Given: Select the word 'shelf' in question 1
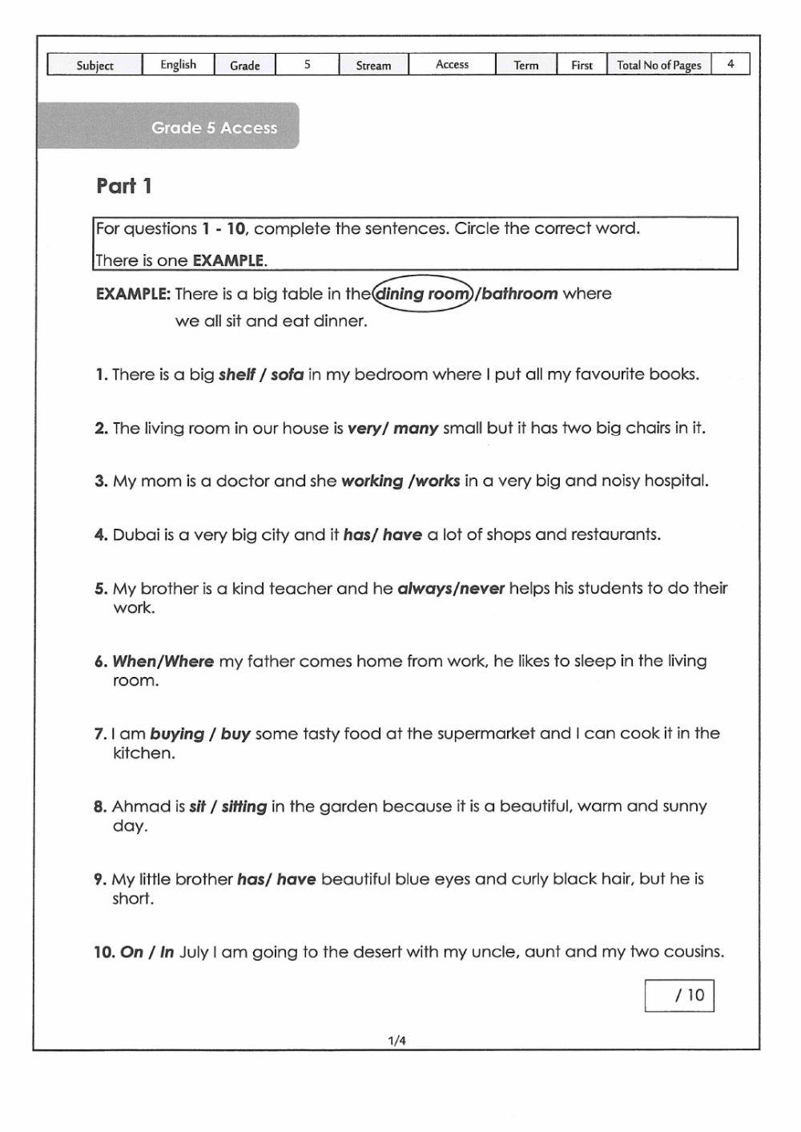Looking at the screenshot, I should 236,374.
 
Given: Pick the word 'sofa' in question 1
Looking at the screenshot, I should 288,374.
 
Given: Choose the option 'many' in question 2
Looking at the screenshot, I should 416,428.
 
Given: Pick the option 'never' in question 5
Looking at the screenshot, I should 481,588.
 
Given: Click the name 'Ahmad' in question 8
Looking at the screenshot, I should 142,806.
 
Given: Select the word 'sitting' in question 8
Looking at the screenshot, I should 244,806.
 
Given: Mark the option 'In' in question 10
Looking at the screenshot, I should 167,952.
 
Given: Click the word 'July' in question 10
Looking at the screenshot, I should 194,952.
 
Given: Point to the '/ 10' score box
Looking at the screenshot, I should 679,995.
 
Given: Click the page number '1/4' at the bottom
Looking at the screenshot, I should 396,1041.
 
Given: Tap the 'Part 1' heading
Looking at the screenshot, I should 124,186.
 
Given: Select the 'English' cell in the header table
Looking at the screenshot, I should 178,65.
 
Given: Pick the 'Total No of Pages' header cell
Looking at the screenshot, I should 658,65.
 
